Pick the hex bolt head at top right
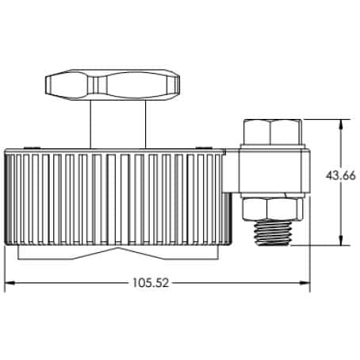click(x=273, y=132)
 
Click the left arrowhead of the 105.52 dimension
click(x=10, y=284)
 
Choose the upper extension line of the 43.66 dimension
click(x=325, y=120)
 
